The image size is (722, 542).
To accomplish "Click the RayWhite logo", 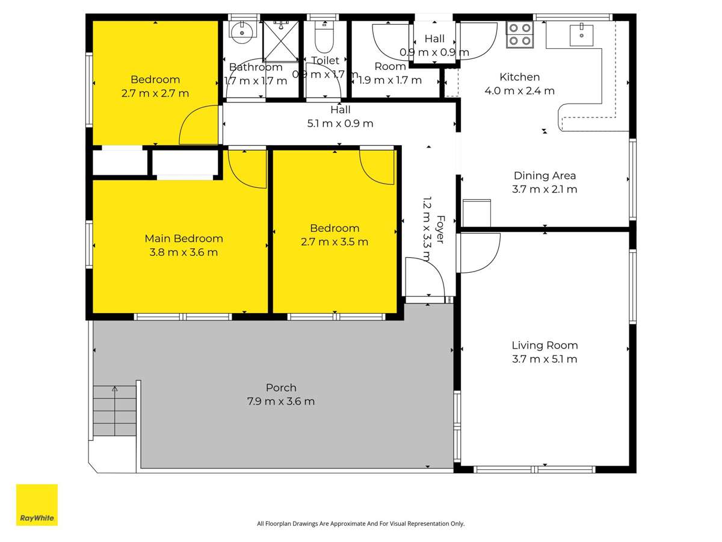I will pyautogui.click(x=37, y=505).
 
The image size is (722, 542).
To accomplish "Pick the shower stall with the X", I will pyautogui.click(x=280, y=41).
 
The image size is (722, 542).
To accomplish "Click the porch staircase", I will pyautogui.click(x=114, y=411).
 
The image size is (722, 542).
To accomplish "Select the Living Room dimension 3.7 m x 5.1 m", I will pyautogui.click(x=545, y=360).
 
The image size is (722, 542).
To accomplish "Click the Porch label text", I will pyautogui.click(x=281, y=388).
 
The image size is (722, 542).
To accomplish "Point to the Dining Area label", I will pyautogui.click(x=545, y=176).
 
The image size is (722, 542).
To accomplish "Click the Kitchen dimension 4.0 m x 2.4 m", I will pyautogui.click(x=519, y=91).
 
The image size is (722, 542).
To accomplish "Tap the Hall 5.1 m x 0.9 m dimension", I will pyautogui.click(x=340, y=123).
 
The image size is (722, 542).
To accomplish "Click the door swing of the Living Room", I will pyautogui.click(x=479, y=253).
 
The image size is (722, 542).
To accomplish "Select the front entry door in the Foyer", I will pyautogui.click(x=424, y=278).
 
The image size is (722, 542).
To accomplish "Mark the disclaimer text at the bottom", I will pyautogui.click(x=360, y=524).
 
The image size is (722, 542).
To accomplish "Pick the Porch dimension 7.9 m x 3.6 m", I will pyautogui.click(x=281, y=402).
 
